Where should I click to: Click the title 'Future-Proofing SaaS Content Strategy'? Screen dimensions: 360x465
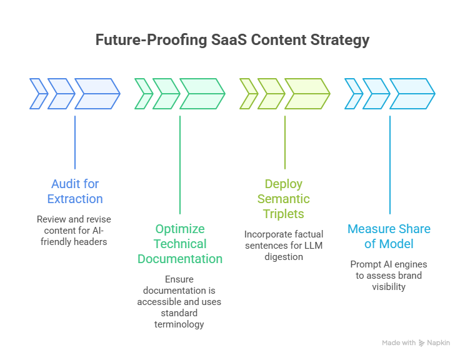point(232,41)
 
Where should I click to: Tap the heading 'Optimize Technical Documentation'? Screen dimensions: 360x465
point(180,244)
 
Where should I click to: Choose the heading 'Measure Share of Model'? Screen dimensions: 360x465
point(389,236)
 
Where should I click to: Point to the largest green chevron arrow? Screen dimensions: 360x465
point(202,94)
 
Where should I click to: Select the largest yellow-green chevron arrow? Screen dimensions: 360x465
point(307,94)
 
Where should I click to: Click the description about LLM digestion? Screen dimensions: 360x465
point(284,245)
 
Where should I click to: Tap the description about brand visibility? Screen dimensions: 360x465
point(389,276)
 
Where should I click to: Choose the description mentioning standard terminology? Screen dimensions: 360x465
point(180,301)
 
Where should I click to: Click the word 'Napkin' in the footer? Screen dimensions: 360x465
point(438,342)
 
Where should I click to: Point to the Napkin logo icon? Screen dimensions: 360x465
point(422,342)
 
